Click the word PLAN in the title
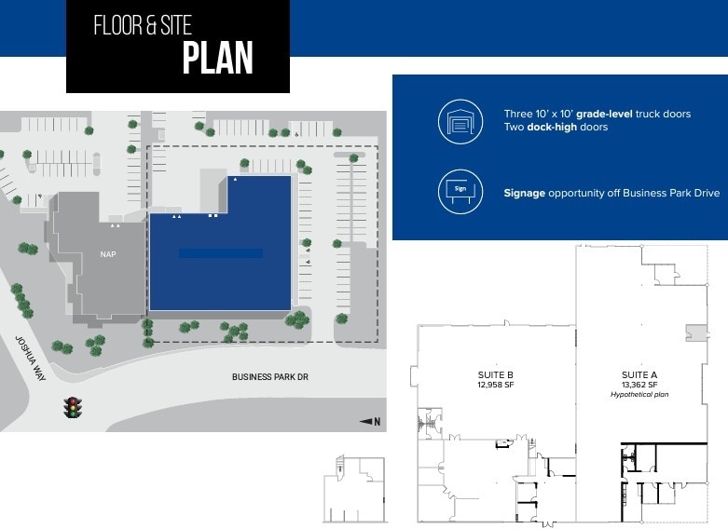pos(218,58)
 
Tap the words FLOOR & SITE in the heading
pos(143,25)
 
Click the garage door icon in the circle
pos(460,121)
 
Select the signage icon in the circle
pos(460,192)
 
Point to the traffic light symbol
pos(72,407)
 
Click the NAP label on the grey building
pos(108,253)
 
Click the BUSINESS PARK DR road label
pos(269,377)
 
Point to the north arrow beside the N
pos(366,422)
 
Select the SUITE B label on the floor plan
pos(495,374)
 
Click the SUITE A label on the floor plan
pos(639,374)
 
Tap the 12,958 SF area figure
pos(495,384)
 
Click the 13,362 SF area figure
pos(639,384)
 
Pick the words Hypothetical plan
pos(639,394)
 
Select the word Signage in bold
pos(524,193)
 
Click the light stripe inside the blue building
pos(220,253)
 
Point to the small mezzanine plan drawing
pos(353,488)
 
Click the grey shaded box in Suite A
pos(694,332)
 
